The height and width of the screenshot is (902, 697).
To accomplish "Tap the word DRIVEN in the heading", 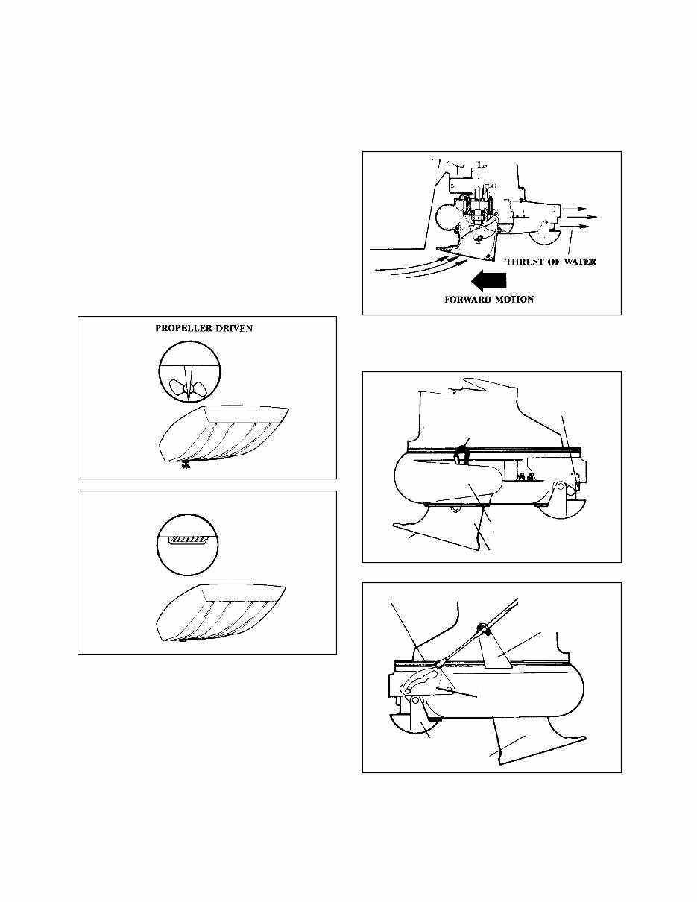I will [234, 329].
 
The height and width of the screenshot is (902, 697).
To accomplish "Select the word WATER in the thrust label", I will [578, 262].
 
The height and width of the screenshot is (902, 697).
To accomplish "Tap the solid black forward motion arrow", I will [491, 281].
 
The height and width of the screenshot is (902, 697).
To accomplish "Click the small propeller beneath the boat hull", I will [184, 467].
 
